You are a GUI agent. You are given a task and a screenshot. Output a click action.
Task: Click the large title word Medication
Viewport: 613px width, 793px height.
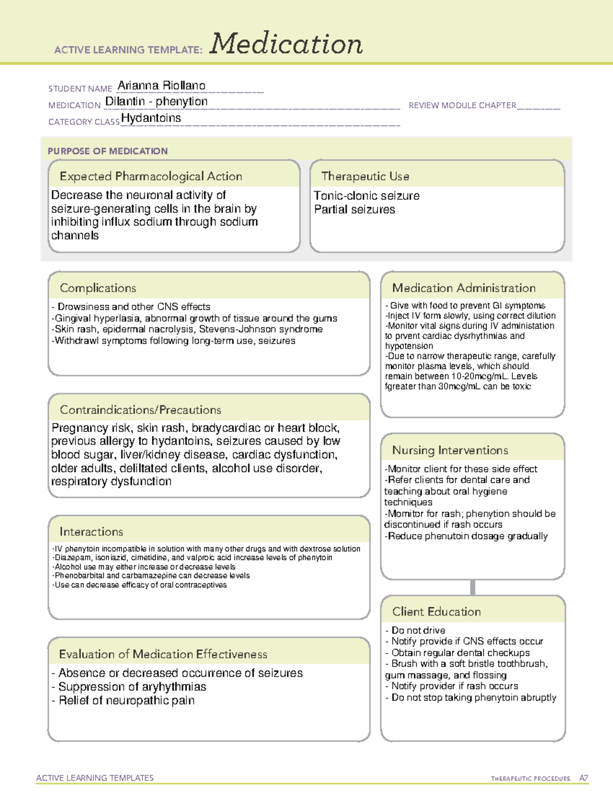tap(286, 44)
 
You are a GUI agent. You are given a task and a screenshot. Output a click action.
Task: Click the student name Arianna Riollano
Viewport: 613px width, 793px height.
tap(161, 86)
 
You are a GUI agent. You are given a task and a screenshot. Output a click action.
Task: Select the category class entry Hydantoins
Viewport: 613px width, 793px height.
tap(151, 118)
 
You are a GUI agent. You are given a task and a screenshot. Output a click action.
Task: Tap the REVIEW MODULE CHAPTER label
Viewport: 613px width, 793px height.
tap(462, 105)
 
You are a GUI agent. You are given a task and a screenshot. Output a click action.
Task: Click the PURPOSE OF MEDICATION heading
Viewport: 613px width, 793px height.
tap(108, 151)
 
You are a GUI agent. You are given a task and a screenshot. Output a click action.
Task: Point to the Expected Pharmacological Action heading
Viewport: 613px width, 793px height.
tap(151, 176)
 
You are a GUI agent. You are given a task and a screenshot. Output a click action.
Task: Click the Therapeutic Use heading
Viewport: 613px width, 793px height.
tap(365, 176)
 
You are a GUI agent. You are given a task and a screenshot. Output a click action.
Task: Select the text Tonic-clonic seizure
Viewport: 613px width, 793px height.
tap(366, 196)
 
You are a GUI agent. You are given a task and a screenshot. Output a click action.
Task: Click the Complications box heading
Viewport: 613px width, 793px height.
tap(98, 288)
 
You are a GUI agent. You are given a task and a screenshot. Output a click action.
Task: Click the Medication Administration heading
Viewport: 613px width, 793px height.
tap(464, 288)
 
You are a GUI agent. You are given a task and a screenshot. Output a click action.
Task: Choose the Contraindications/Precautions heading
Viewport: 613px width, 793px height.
tap(140, 410)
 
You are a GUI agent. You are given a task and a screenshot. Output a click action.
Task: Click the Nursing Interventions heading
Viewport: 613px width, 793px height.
tap(450, 450)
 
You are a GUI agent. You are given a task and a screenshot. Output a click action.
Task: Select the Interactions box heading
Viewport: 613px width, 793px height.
tap(91, 532)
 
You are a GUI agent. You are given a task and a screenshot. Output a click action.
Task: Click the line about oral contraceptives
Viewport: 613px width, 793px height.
tap(140, 585)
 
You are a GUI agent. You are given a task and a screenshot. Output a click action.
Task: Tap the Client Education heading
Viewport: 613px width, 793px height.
tap(436, 612)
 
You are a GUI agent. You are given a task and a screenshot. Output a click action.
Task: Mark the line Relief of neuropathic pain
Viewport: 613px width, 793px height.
tap(126, 701)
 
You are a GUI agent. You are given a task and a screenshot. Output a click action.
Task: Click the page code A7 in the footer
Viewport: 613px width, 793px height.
tap(583, 778)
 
